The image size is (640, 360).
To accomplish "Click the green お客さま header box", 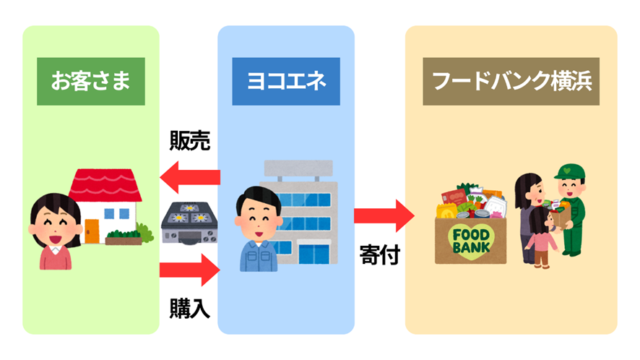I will pos(90,81).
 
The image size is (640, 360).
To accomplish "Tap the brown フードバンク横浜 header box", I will pos(511,81).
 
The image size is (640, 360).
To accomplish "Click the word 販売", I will pos(190,141).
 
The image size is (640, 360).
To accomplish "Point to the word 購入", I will pos(190,308).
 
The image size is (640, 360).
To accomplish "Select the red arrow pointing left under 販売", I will pos(189,176).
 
